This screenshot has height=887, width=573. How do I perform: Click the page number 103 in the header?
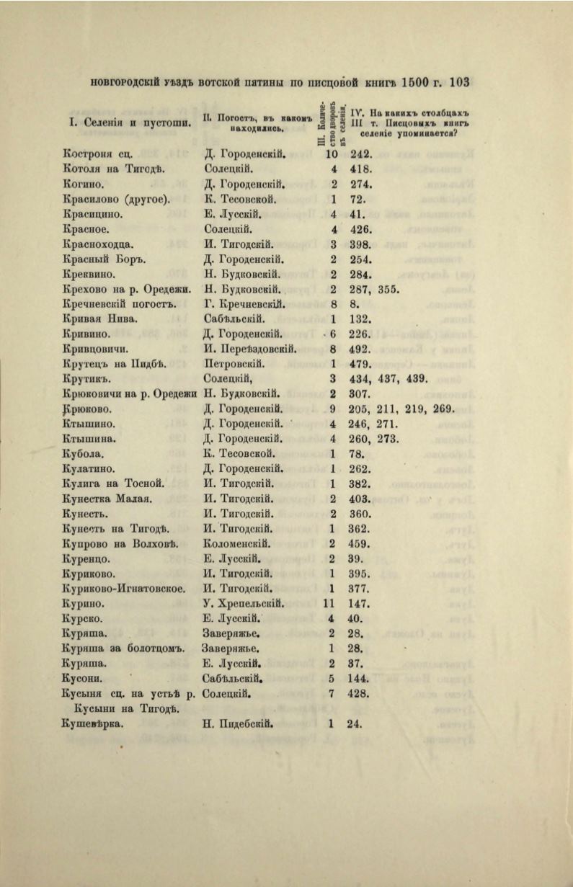tap(459, 82)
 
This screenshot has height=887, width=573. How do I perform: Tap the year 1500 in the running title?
tap(417, 82)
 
